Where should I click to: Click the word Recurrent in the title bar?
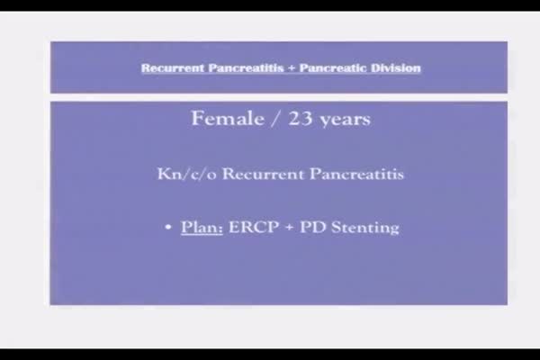coord(173,67)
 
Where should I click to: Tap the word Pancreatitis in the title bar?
coord(247,67)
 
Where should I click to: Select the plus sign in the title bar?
coord(292,68)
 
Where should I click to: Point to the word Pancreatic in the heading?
coord(333,67)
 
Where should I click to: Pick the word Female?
coord(228,119)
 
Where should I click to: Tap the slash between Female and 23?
coord(276,119)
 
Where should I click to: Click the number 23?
coord(301,119)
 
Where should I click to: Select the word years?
coord(345,121)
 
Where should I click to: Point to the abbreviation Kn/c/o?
coord(187,174)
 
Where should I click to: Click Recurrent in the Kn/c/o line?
coord(264,174)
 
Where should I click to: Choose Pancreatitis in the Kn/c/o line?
coord(356,174)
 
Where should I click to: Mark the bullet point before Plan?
coord(168,227)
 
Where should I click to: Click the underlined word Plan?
coord(202,228)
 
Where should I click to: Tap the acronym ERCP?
coord(254,228)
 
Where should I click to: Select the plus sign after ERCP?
coord(289,228)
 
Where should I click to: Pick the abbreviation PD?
coord(312,228)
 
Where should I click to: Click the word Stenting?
coord(365,228)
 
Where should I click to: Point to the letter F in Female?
coord(197,119)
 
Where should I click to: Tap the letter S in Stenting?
coord(336,228)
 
